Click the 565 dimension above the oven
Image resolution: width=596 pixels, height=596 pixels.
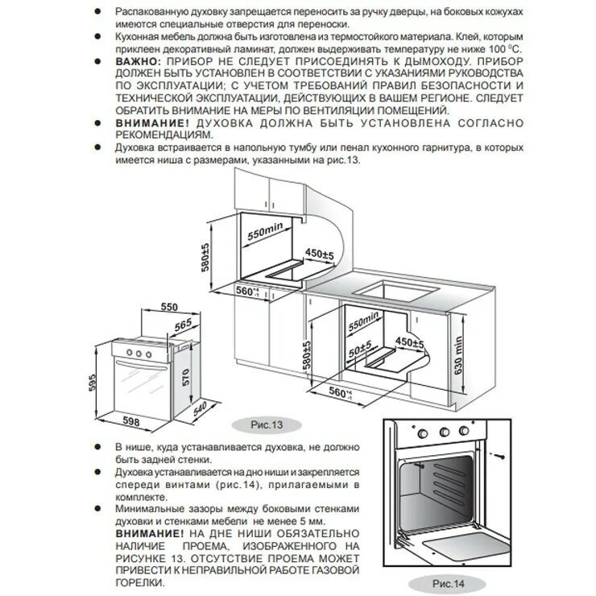pyautogui.click(x=181, y=324)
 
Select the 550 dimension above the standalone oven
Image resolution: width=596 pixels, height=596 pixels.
pyautogui.click(x=168, y=308)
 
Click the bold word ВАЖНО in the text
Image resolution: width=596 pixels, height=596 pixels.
pyautogui.click(x=136, y=61)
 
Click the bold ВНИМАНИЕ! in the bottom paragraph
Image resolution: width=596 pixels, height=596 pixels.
pyautogui.click(x=149, y=534)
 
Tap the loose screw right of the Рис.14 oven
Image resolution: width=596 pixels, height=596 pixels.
pyautogui.click(x=501, y=453)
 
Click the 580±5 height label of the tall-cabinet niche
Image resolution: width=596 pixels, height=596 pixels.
pyautogui.click(x=206, y=256)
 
